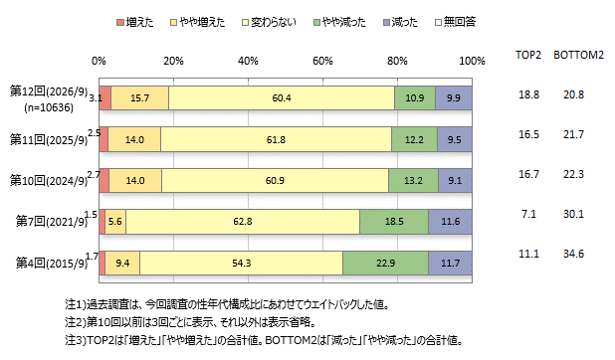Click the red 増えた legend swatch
click(x=120, y=22)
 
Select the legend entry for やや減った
click(x=339, y=22)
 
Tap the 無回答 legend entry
click(x=456, y=22)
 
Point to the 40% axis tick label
click(x=248, y=61)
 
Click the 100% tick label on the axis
click(x=472, y=61)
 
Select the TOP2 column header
click(x=528, y=55)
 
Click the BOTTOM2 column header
click(x=578, y=55)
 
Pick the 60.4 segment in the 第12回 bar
click(x=282, y=98)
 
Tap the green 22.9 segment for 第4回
click(x=385, y=263)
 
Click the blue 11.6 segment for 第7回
click(x=450, y=222)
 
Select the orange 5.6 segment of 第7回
click(x=115, y=222)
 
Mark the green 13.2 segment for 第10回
click(x=413, y=180)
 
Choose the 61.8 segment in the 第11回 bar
click(x=276, y=139)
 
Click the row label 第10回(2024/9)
click(x=49, y=181)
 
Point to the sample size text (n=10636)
click(x=49, y=107)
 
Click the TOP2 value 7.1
click(x=528, y=214)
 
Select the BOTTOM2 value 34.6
click(x=573, y=254)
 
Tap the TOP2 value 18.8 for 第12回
click(x=528, y=94)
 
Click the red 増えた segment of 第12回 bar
click(x=105, y=98)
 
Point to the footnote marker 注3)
click(x=76, y=340)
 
